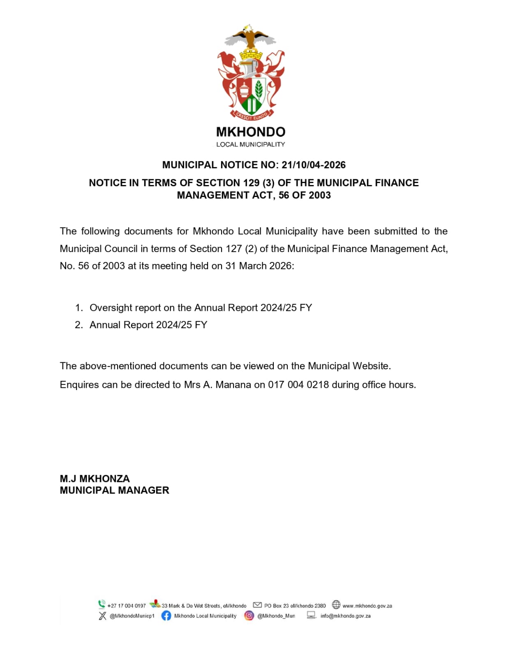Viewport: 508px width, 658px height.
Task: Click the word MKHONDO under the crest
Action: (x=251, y=132)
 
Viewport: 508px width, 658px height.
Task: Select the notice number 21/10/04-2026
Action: (x=313, y=165)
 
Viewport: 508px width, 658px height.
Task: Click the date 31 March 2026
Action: (x=259, y=266)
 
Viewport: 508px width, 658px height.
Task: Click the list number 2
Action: (x=79, y=325)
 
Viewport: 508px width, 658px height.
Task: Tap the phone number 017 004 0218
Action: (x=298, y=385)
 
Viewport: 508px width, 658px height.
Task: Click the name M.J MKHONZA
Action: (x=95, y=479)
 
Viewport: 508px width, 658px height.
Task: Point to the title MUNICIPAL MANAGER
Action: (x=114, y=490)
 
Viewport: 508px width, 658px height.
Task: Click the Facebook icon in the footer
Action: (x=166, y=616)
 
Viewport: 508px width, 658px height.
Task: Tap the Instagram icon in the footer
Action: (x=249, y=616)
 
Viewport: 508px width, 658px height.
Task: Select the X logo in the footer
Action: (x=102, y=616)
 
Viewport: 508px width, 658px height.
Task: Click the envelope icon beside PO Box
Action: (x=257, y=605)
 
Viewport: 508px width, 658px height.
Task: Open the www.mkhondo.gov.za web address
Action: (x=367, y=606)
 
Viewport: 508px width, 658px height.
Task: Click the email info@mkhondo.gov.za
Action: (x=345, y=616)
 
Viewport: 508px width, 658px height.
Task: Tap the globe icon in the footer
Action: (x=336, y=605)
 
